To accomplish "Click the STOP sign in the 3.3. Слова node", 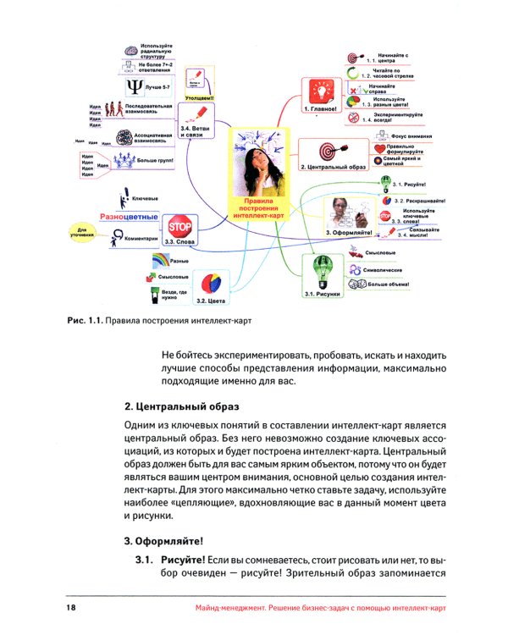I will [x=179, y=227].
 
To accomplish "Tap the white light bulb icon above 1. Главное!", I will [x=320, y=90].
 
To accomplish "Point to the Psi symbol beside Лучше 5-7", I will [x=133, y=88].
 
